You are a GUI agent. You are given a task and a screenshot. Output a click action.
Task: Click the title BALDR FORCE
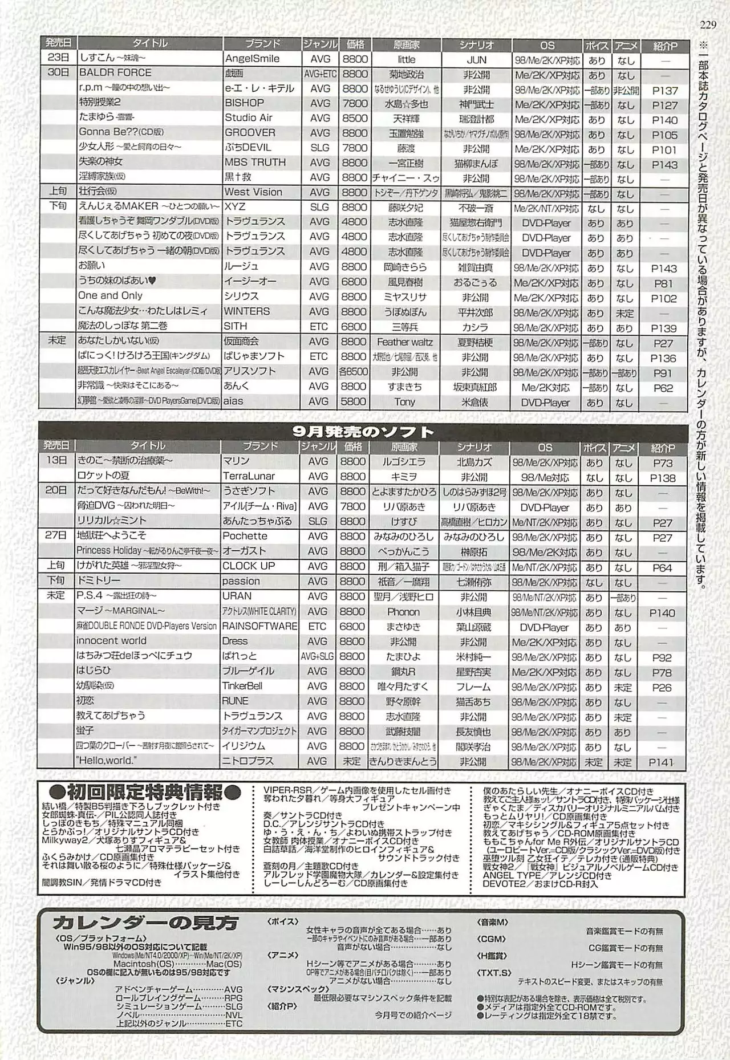tap(115, 73)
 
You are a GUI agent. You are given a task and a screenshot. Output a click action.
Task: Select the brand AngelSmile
tap(252, 59)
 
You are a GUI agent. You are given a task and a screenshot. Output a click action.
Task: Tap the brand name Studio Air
tap(249, 118)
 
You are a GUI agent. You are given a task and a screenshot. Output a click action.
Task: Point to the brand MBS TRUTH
tap(255, 163)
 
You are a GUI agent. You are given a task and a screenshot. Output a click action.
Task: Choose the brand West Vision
tap(253, 192)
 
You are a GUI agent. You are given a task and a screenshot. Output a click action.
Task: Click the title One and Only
tap(110, 296)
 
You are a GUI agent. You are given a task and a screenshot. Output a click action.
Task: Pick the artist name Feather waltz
tap(404, 342)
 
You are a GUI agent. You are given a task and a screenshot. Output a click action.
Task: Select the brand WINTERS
tap(246, 311)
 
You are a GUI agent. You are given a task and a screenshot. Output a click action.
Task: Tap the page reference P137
tap(664, 91)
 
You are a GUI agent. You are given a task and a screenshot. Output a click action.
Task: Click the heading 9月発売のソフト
tap(363, 432)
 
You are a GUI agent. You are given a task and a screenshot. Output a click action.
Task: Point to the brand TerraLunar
tap(249, 476)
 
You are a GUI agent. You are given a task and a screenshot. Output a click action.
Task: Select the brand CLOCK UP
tap(249, 566)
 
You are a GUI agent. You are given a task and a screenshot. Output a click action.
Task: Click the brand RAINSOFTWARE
tap(259, 626)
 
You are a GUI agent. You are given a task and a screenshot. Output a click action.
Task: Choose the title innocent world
tap(111, 641)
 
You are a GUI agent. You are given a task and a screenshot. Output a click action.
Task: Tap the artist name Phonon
tap(403, 612)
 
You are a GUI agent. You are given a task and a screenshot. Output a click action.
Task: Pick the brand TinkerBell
tap(242, 686)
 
